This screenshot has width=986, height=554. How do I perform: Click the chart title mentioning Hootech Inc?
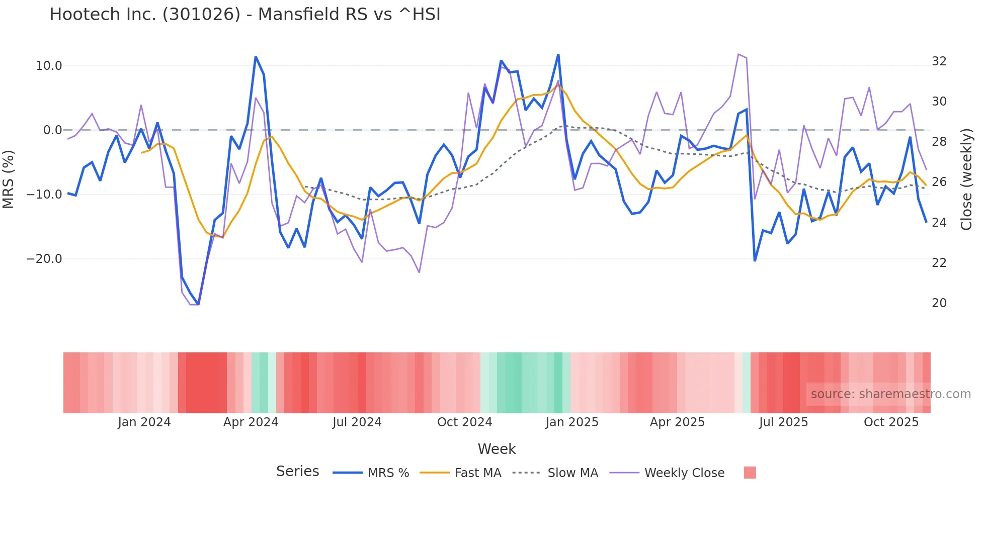pos(244,15)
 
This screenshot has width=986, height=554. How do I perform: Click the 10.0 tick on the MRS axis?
pos(49,66)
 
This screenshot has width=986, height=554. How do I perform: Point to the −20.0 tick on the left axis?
pos(44,259)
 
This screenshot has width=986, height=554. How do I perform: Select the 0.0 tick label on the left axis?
pos(52,130)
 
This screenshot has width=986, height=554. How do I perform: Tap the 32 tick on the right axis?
pos(939,61)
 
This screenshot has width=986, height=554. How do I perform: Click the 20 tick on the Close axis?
pos(939,303)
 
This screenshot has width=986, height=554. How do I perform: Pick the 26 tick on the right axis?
pos(939,182)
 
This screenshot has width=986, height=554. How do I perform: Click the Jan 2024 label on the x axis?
pos(144,422)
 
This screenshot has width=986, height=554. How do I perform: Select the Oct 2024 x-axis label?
pos(464,422)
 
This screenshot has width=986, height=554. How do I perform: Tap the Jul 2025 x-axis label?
pos(783,422)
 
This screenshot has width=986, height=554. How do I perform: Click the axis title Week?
pos(497,449)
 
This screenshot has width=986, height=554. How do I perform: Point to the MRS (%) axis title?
pos(9,179)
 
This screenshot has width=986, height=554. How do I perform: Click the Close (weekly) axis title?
pos(966,179)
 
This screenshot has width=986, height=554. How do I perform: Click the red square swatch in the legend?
pos(750,473)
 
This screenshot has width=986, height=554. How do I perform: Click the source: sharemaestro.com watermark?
pos(890,394)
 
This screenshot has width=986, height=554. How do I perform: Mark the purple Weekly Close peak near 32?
pos(738,54)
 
